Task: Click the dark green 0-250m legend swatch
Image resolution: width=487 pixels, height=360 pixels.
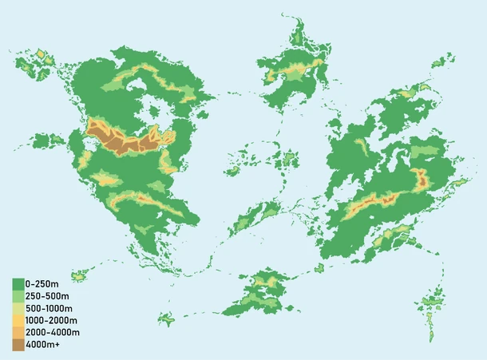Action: pyautogui.click(x=18, y=283)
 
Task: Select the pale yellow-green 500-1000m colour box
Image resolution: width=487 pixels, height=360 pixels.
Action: pyautogui.click(x=18, y=308)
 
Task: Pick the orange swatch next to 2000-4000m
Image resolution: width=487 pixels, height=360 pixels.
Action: pyautogui.click(x=18, y=332)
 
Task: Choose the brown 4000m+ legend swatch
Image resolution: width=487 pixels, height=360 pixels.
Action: pyautogui.click(x=18, y=345)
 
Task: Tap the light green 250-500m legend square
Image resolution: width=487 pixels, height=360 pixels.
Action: pyautogui.click(x=18, y=295)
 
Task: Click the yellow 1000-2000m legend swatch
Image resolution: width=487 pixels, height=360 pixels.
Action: pyautogui.click(x=18, y=320)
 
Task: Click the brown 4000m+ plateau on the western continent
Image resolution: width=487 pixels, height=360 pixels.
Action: pyautogui.click(x=120, y=142)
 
